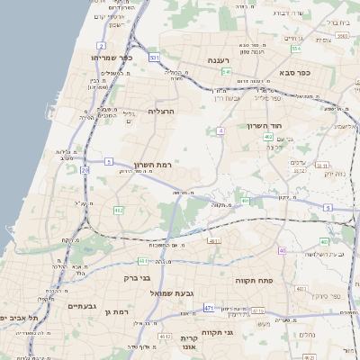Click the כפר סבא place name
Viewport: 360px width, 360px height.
(x=292, y=73)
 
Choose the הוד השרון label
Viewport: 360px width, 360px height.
(x=266, y=125)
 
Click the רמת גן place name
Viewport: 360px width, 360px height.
(x=117, y=311)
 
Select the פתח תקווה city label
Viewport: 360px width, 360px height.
(x=254, y=281)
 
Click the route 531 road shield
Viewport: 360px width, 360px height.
(x=155, y=58)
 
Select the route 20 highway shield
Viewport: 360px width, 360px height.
(x=85, y=168)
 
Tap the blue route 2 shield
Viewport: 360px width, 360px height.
(x=102, y=44)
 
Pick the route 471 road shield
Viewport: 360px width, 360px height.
(x=209, y=309)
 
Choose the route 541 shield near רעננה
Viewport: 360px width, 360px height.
(x=227, y=71)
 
